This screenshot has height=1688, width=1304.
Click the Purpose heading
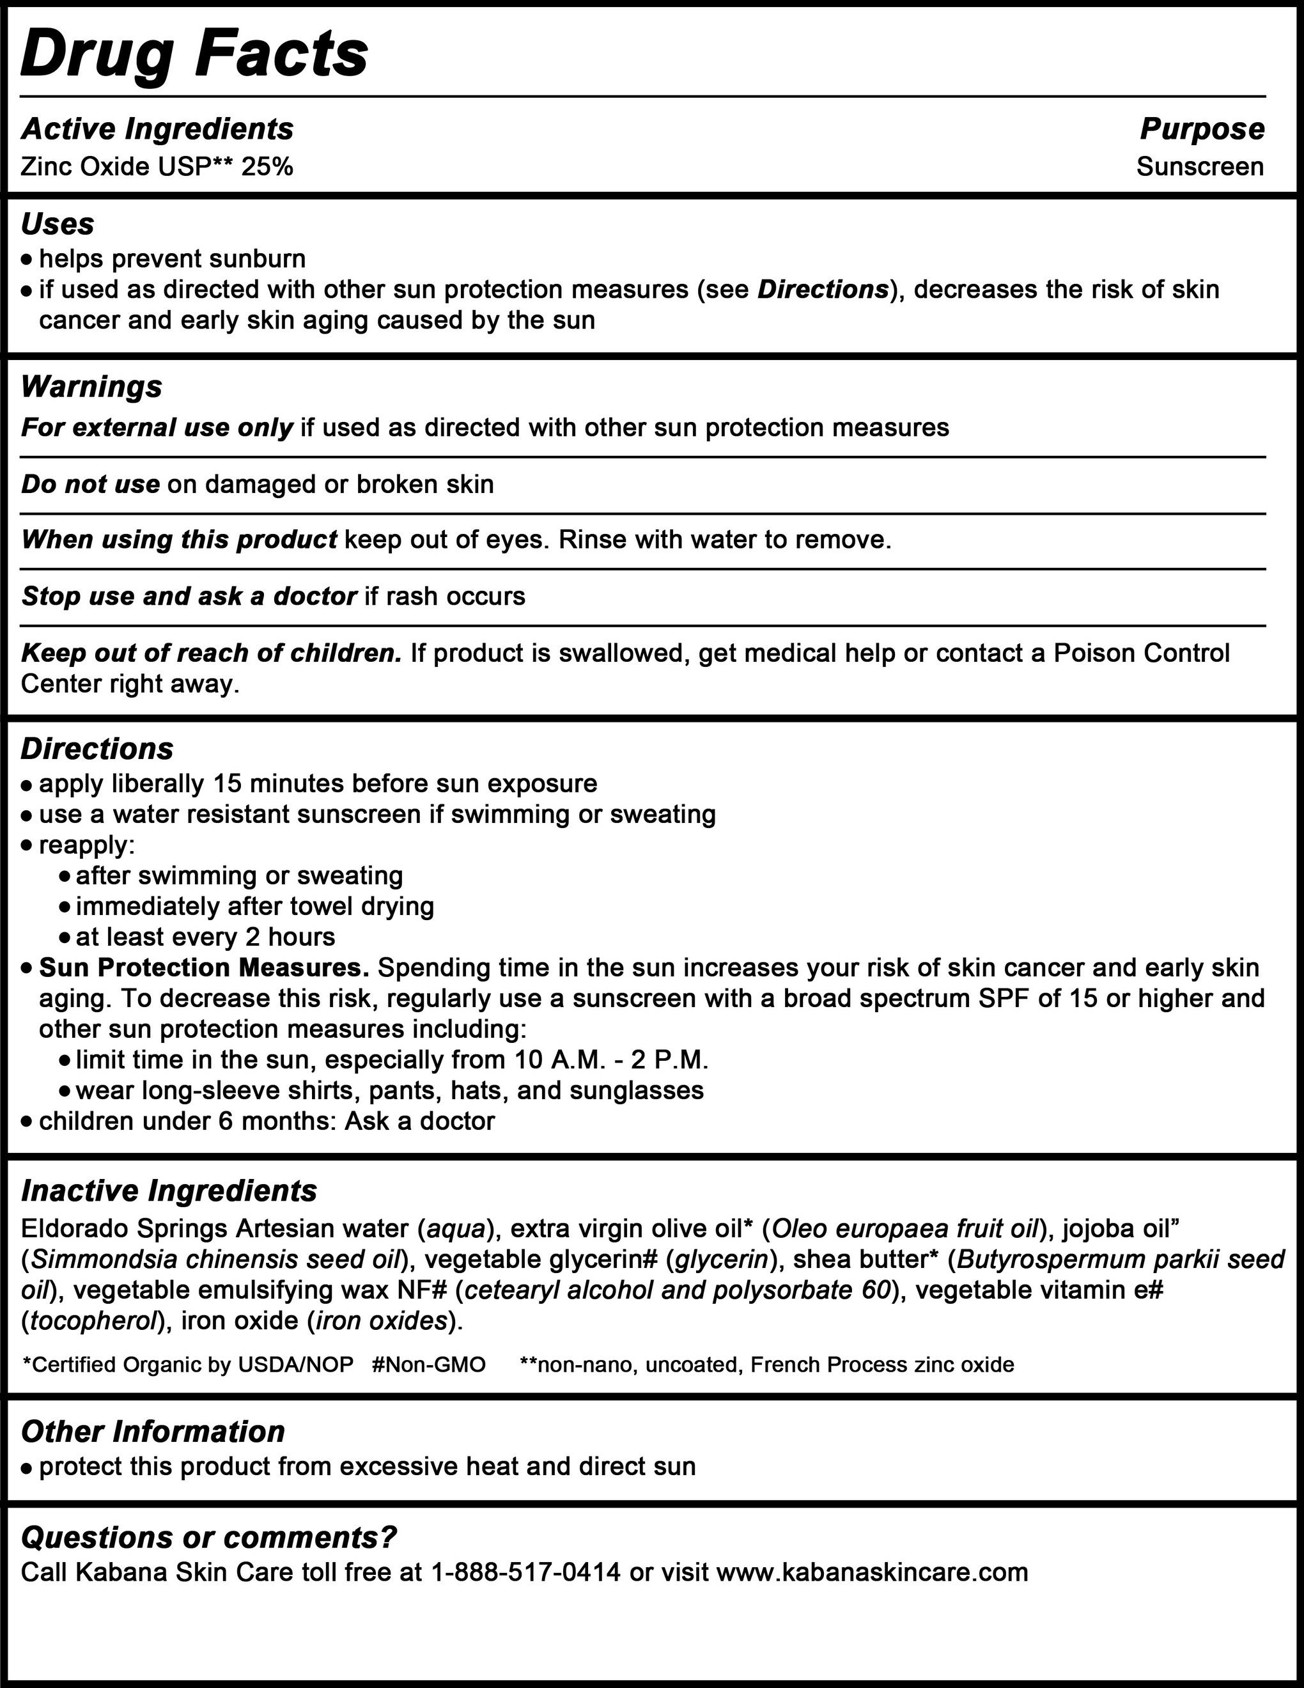point(1202,129)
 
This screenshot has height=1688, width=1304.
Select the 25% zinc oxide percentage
point(267,167)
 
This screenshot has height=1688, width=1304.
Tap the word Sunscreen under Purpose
point(1200,167)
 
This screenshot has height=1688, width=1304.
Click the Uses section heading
point(58,224)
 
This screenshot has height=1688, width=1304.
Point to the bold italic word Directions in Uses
point(823,290)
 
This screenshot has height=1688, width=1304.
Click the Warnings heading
point(92,386)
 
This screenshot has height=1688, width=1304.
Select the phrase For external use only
point(157,427)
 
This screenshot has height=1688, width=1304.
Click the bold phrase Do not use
point(90,485)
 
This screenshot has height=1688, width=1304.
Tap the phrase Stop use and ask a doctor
point(189,597)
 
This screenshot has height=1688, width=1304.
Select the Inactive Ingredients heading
point(169,1191)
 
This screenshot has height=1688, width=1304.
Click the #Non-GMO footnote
point(429,1365)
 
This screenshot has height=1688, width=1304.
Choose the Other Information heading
point(153,1432)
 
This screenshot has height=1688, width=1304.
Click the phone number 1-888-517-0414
point(526,1573)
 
